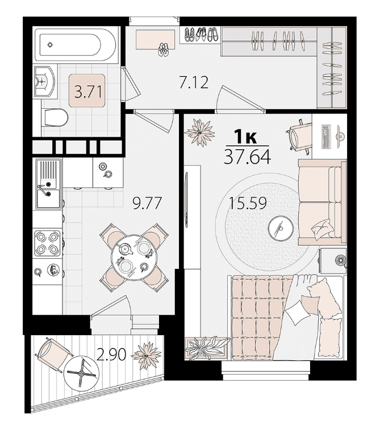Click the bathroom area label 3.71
(x=88, y=91)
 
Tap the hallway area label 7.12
(x=194, y=82)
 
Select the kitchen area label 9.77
(x=147, y=203)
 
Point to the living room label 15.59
(x=248, y=203)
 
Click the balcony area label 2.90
(x=111, y=355)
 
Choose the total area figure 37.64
(x=247, y=157)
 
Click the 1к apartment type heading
(x=245, y=137)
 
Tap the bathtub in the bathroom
(x=76, y=45)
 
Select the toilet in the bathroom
(x=55, y=117)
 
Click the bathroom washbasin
(x=45, y=81)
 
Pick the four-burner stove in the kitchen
(x=47, y=243)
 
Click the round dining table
(x=134, y=257)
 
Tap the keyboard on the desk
(x=325, y=137)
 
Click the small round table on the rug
(x=281, y=228)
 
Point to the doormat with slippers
(x=156, y=40)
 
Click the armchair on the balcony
(x=53, y=354)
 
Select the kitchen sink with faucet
(x=48, y=185)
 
